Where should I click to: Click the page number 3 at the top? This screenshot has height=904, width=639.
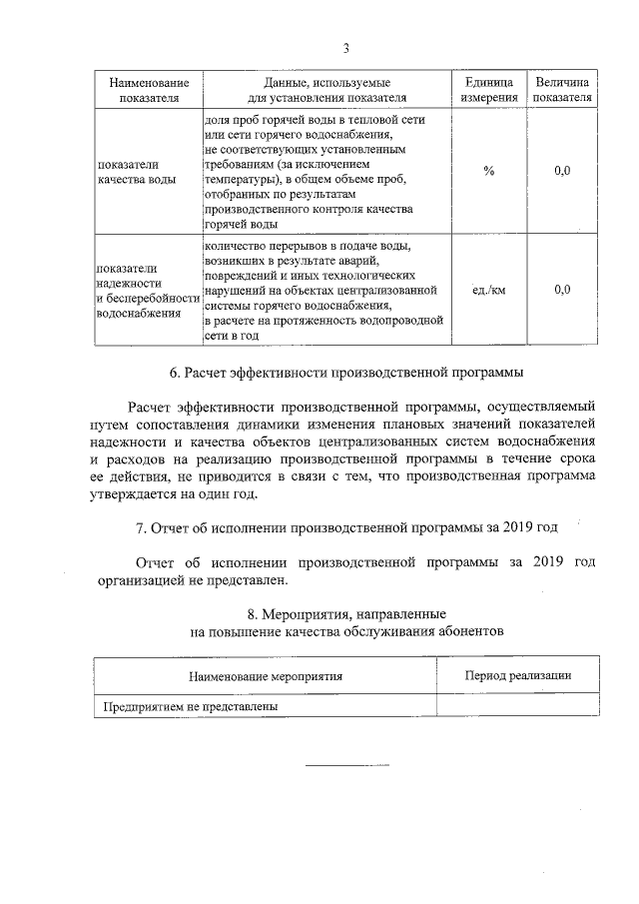345,48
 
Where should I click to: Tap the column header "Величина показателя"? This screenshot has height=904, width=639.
562,89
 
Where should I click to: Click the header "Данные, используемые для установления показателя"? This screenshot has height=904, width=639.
325,89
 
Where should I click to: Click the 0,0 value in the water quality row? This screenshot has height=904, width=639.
562,171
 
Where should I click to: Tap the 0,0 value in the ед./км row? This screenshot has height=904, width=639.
562,290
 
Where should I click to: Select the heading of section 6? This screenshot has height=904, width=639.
345,373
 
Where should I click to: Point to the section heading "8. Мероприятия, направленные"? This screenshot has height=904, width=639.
345,611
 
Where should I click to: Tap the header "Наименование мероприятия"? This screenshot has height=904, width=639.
265,676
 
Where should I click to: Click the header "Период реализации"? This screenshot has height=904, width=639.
518,676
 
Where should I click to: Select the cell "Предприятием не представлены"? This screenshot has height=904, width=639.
190,706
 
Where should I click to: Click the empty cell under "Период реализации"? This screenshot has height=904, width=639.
518,706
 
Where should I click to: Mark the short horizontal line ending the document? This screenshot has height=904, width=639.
345,766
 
